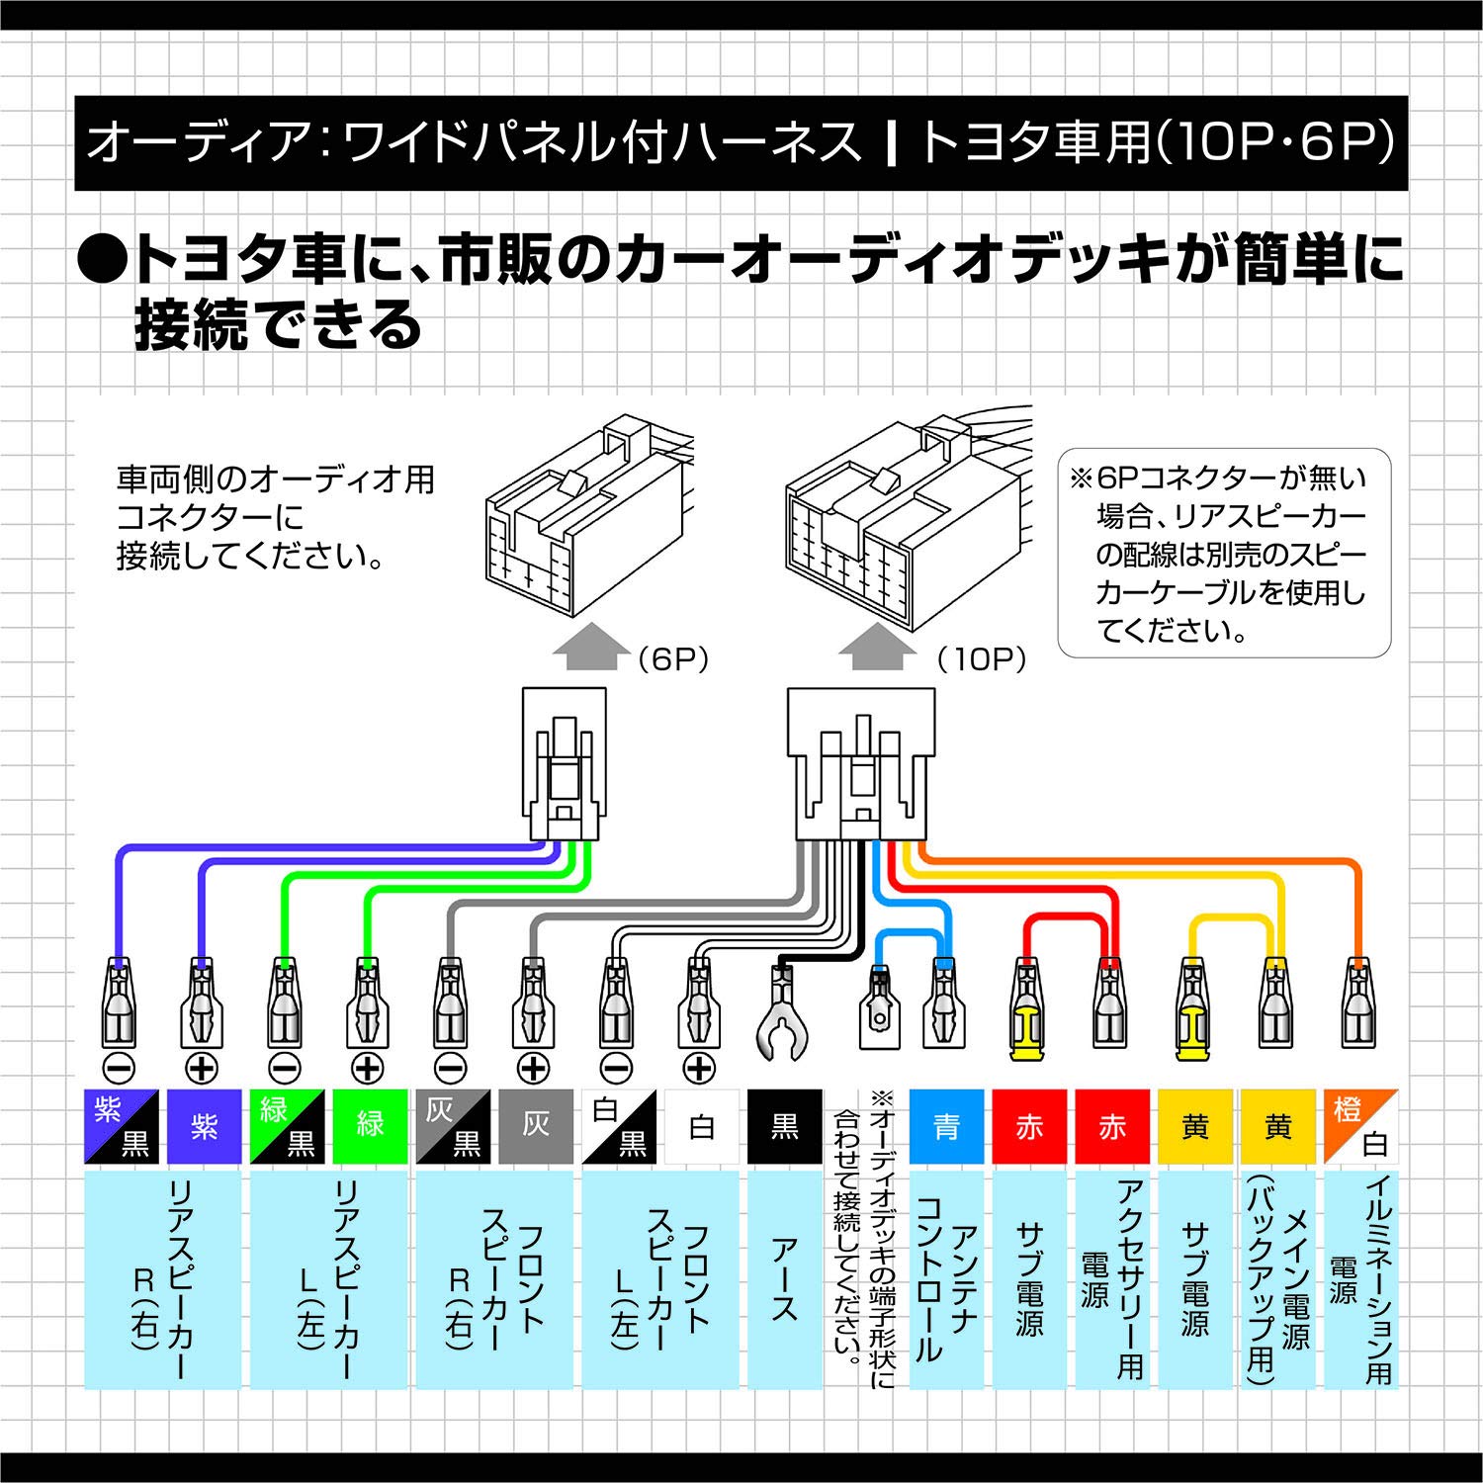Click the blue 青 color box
pos(946,1126)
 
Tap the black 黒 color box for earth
pos(785,1126)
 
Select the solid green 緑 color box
pos(370,1126)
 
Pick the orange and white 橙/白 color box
pos(1360,1126)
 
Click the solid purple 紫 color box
pos(205,1126)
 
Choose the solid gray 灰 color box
pos(536,1126)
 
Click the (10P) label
pos(982,659)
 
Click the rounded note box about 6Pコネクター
pos(1224,554)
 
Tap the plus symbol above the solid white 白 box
pos(700,1068)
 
